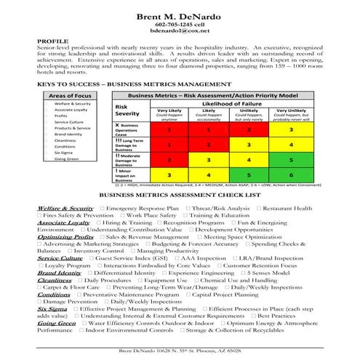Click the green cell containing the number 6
[290, 175]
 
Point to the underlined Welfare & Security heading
[65, 208]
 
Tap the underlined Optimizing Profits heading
[65, 236]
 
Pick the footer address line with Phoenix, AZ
[180, 351]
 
